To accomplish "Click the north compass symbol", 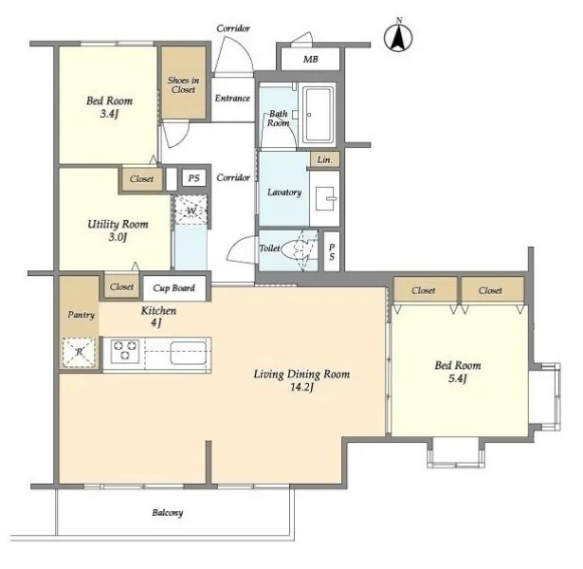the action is [x=398, y=37].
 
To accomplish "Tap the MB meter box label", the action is [x=311, y=59].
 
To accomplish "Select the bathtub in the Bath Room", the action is [x=318, y=116].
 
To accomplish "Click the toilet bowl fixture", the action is [x=296, y=248].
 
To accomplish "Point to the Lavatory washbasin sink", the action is [x=325, y=198].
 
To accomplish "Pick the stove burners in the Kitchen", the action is [x=124, y=351].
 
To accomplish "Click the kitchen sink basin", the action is [x=189, y=353].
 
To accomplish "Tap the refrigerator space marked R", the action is [x=80, y=352].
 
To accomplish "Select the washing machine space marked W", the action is [x=191, y=211].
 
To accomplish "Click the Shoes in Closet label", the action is [x=183, y=84].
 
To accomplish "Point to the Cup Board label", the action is [x=174, y=288].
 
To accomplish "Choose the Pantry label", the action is [x=82, y=315].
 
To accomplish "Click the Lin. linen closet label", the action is [x=324, y=159].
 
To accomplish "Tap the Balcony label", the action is [x=167, y=513].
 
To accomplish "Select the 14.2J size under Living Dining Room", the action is [x=301, y=387].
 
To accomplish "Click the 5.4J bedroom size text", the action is [x=458, y=378].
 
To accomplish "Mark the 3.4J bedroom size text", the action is [x=109, y=114].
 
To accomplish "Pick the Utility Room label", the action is [x=118, y=224].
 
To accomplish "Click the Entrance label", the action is [x=232, y=99].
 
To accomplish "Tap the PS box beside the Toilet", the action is [x=332, y=251].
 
